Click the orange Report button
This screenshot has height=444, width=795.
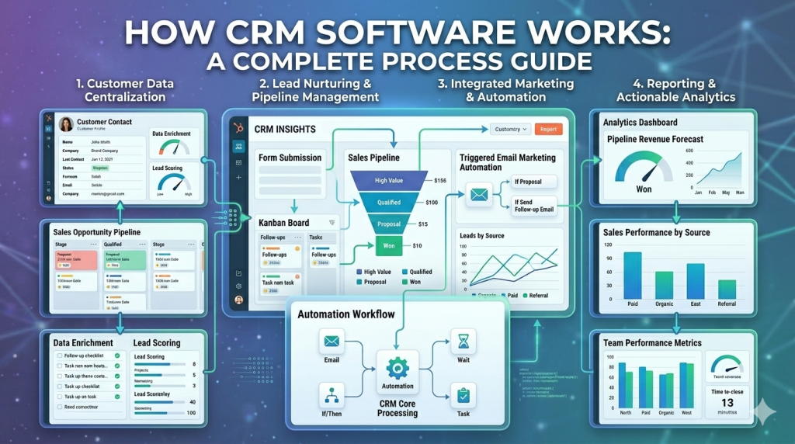click(x=548, y=129)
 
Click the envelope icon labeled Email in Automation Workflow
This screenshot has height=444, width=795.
click(x=332, y=341)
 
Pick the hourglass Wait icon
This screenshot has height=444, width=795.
click(x=463, y=340)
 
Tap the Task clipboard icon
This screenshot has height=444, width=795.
click(x=463, y=395)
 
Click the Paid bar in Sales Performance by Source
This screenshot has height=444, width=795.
click(x=633, y=274)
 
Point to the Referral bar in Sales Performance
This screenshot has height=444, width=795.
click(x=727, y=289)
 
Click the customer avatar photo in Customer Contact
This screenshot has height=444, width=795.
click(x=65, y=124)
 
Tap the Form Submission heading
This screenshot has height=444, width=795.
click(x=290, y=158)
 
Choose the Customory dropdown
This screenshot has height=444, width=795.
click(x=510, y=129)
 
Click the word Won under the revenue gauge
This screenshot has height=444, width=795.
click(x=644, y=189)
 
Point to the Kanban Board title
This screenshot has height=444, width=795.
click(x=283, y=223)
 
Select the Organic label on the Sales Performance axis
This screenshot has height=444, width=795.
click(x=665, y=304)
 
